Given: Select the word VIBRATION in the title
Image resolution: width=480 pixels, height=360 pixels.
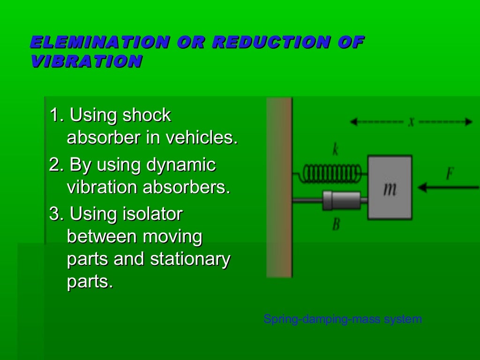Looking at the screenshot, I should tap(86, 61).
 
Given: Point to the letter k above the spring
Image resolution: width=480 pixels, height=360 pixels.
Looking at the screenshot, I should tap(336, 150).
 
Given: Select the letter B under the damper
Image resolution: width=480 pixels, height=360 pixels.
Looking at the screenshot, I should tap(336, 225).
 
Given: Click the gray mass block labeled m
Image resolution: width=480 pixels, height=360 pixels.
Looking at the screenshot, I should tap(390, 188).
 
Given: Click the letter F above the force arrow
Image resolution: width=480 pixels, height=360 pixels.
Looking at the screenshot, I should tap(450, 174).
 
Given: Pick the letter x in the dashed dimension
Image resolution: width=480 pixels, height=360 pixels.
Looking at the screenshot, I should tap(411, 122).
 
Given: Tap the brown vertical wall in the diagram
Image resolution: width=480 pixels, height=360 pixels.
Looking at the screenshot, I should tap(279, 187).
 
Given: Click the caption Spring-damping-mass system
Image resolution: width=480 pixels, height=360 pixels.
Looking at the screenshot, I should tap(343, 320).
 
